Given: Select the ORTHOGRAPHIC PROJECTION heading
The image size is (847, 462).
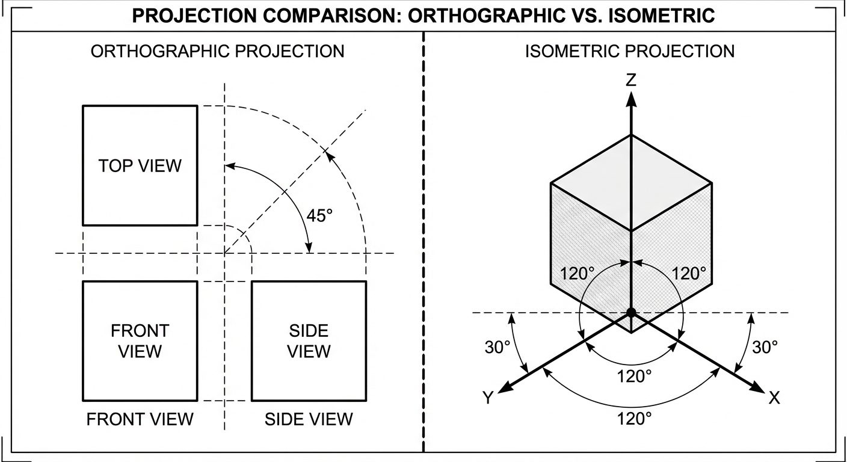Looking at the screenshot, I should pyautogui.click(x=217, y=51).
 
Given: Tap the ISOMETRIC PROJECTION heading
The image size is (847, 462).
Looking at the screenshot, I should pyautogui.click(x=630, y=51).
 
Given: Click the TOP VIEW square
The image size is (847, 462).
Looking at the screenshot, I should pyautogui.click(x=140, y=165).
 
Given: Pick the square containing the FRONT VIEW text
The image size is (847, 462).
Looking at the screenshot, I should pyautogui.click(x=140, y=340).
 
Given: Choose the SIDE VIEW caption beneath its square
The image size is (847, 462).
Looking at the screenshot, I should pyautogui.click(x=309, y=419).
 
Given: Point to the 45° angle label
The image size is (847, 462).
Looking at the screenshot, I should pyautogui.click(x=319, y=215).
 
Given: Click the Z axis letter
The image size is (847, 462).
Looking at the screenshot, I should pyautogui.click(x=630, y=80).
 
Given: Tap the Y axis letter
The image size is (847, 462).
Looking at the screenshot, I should pyautogui.click(x=488, y=398).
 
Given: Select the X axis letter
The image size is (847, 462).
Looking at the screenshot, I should pyautogui.click(x=774, y=398).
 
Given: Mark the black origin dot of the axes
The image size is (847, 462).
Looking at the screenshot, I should pyautogui.click(x=630, y=312).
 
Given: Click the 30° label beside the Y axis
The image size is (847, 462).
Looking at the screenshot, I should pyautogui.click(x=497, y=347).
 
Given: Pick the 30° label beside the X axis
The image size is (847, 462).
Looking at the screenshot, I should pyautogui.click(x=765, y=347).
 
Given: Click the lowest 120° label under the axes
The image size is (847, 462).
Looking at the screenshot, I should pyautogui.click(x=635, y=419).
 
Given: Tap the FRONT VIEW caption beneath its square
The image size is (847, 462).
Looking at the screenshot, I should pyautogui.click(x=140, y=419).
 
